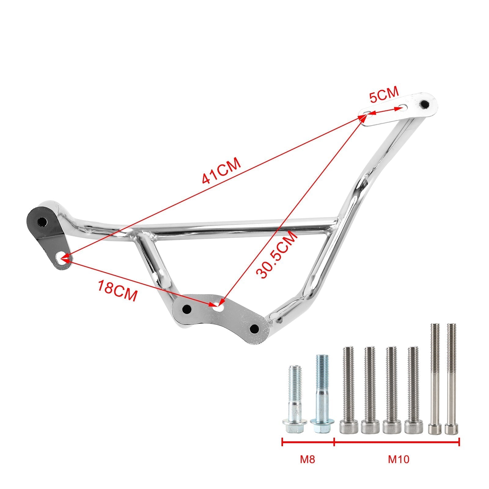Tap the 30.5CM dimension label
(277, 255)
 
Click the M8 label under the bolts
(307, 468)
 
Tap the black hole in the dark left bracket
(41, 221)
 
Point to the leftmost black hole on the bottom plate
(186, 309)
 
